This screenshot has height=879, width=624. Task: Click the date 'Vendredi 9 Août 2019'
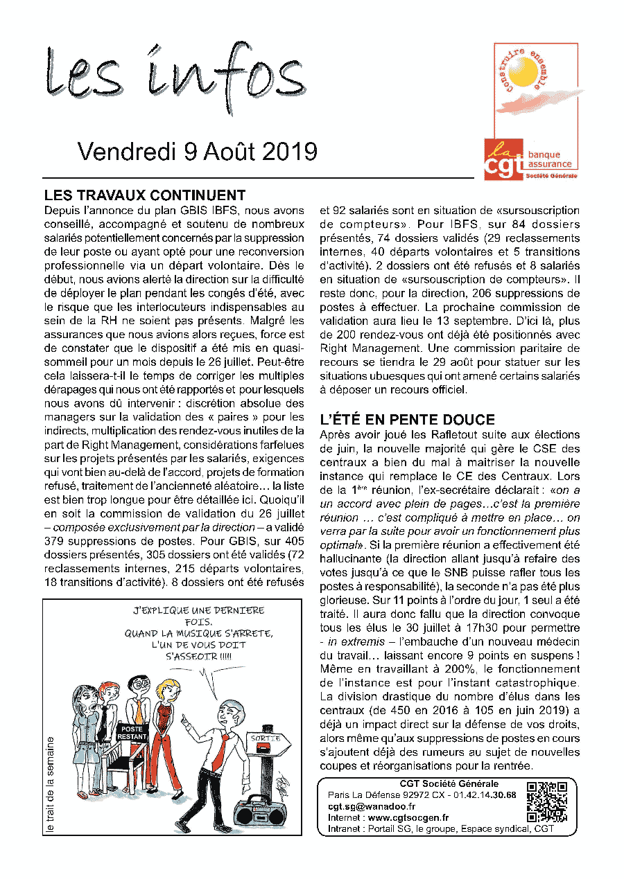click(x=198, y=152)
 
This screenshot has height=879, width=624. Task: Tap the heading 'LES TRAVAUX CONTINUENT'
click(x=144, y=195)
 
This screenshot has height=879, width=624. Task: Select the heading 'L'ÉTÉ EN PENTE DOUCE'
click(x=407, y=420)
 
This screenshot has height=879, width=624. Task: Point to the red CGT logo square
click(x=504, y=159)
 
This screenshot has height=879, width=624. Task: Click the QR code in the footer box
click(x=547, y=801)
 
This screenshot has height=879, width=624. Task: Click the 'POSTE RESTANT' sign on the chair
click(x=131, y=732)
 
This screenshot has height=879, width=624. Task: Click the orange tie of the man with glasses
click(x=139, y=711)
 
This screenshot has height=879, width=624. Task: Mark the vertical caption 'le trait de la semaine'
click(x=50, y=783)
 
